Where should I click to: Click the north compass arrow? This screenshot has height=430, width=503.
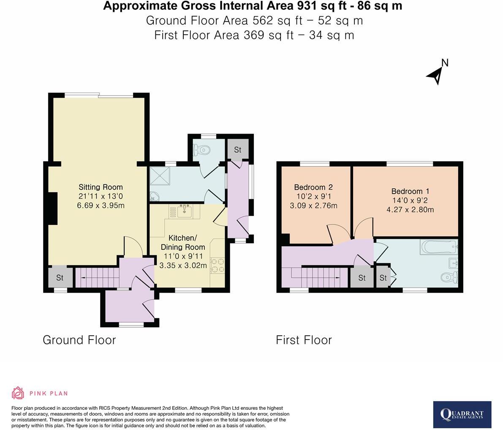[436, 75]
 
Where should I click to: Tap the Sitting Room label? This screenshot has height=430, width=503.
[101, 187]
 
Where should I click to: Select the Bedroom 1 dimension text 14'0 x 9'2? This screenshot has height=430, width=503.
[410, 200]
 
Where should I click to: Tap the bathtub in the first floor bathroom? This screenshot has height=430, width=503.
[438, 247]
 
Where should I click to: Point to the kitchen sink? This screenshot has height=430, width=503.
[185, 211]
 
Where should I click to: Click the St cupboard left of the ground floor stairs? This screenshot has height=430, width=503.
[60, 278]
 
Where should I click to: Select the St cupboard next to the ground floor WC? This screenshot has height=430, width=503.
[237, 150]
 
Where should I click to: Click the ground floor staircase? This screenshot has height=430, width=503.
[96, 278]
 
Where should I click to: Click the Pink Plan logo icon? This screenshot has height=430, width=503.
[18, 393]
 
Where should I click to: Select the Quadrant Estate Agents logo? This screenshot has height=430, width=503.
[462, 414]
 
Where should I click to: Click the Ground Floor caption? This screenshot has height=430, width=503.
[79, 340]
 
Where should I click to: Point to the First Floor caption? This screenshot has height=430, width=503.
[304, 340]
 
